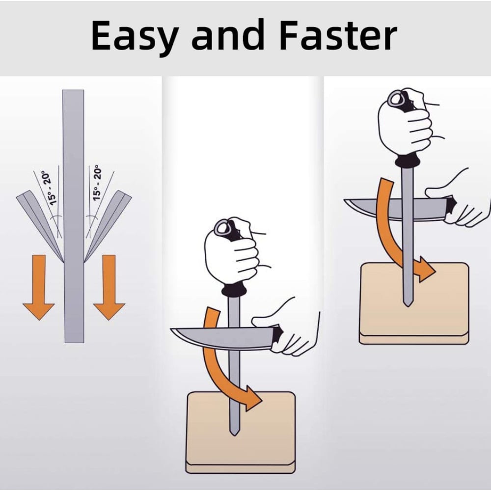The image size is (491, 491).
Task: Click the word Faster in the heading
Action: coord(338,34)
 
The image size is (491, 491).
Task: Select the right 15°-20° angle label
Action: coord(97,183)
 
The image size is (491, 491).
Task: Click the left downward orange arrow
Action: coord(39,287)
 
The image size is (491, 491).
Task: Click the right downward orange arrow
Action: coord(109,287)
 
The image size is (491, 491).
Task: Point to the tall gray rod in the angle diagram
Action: coord(74,217)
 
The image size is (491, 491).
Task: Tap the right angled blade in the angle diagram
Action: coord(108,225)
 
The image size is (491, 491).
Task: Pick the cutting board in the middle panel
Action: coord(241,433)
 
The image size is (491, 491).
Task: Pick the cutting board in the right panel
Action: coord(414,303)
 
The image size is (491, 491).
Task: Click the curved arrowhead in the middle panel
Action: coord(252,399)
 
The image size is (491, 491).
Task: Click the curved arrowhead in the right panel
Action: coord(426,270)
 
